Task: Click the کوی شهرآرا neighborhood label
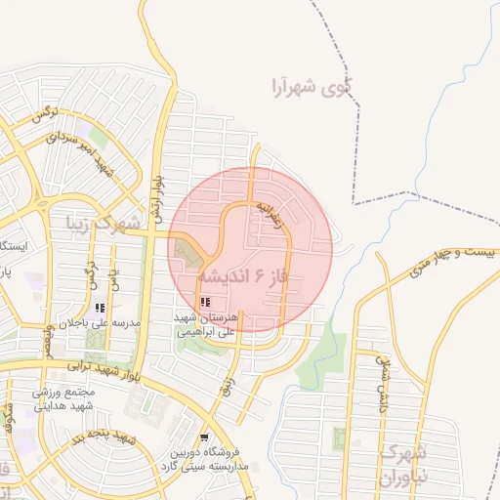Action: point(310,87)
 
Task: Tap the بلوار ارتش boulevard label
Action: point(156,196)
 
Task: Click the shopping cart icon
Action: point(204,437)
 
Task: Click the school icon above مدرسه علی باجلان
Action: point(100,308)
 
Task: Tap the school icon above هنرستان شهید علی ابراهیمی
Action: point(204,303)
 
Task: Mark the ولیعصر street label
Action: point(50,338)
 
